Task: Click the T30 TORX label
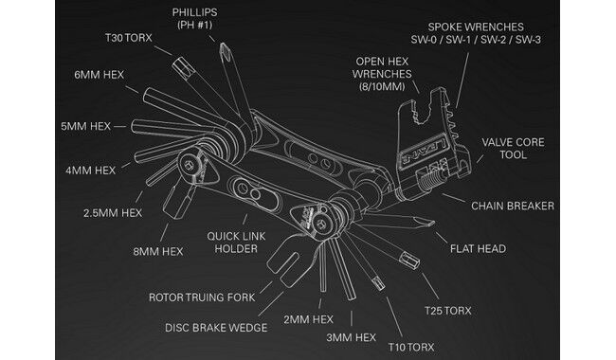[x=129, y=38]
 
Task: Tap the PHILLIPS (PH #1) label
[x=194, y=18]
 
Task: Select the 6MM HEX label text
[x=99, y=75]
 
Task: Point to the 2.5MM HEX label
[x=113, y=213]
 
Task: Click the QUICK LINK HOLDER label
[x=236, y=243]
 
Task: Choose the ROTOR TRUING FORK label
[x=202, y=297]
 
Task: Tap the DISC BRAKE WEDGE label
[x=216, y=328]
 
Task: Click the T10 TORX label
[x=411, y=347]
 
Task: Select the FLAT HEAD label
[x=478, y=248]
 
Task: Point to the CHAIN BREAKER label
[x=513, y=206]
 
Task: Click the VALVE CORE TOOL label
[x=513, y=149]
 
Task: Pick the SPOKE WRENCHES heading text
[x=476, y=27]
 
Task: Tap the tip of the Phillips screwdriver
[x=223, y=45]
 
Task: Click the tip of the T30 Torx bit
[x=179, y=63]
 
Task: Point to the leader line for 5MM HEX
[x=119, y=126]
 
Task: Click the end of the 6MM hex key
[x=146, y=93]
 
